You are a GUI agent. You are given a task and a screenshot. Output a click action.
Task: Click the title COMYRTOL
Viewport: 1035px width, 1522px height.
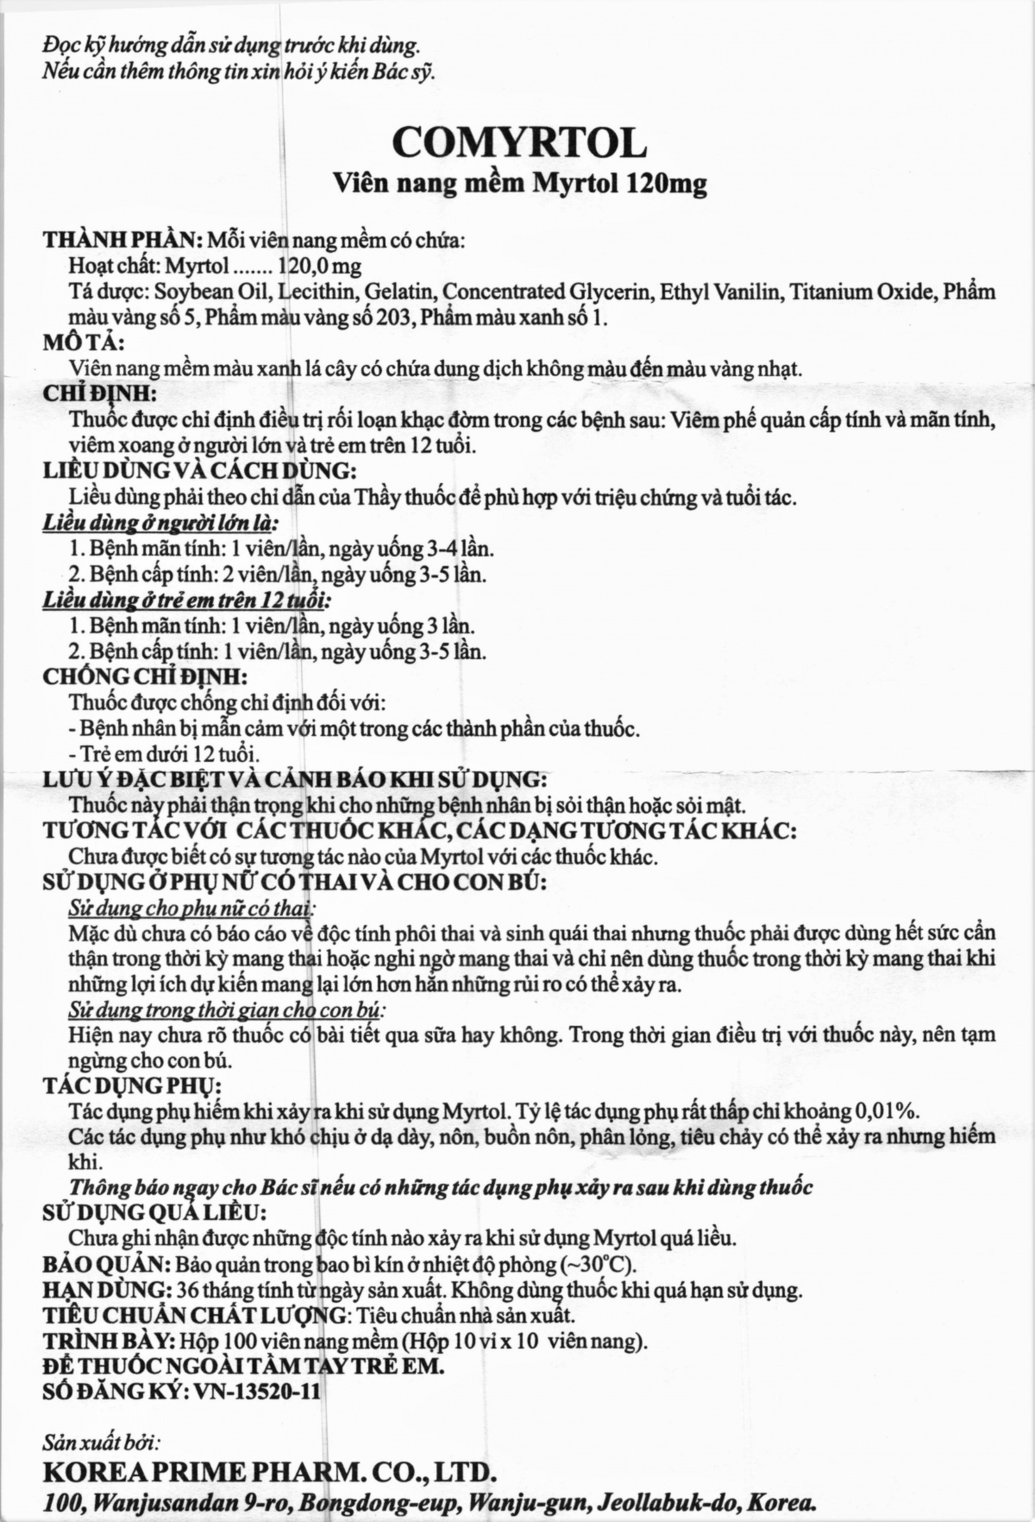click(519, 142)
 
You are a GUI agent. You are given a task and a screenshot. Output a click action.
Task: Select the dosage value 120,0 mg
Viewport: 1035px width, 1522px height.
click(319, 266)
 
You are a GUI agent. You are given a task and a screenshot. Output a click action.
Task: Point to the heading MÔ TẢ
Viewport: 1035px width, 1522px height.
click(83, 343)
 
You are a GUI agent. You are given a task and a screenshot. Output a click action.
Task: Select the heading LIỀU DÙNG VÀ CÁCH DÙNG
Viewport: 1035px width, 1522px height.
click(200, 471)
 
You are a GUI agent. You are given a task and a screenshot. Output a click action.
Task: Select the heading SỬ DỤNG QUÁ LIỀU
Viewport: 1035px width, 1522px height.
click(154, 1213)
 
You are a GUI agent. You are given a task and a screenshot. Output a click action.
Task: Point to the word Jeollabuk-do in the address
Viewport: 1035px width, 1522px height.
click(676, 1502)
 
